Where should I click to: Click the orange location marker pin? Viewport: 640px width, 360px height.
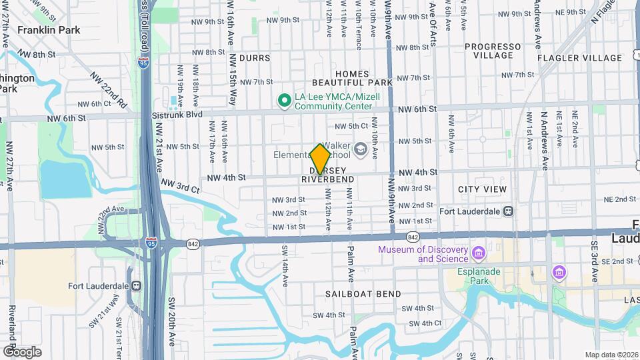click(321, 159)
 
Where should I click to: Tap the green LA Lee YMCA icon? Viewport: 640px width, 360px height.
click(284, 100)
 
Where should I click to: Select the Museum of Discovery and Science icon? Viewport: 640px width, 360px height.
click(477, 253)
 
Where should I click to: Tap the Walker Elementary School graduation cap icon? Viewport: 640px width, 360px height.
click(361, 149)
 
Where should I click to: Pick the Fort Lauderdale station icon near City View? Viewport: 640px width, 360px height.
click(509, 211)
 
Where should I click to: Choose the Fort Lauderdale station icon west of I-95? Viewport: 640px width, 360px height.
click(136, 286)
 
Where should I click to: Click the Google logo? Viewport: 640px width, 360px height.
click(22, 351)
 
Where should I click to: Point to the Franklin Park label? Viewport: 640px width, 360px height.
click(48, 30)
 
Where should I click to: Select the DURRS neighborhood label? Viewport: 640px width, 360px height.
click(255, 58)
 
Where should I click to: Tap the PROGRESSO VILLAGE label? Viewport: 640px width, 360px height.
click(493, 51)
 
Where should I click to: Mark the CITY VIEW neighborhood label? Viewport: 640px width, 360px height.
click(482, 189)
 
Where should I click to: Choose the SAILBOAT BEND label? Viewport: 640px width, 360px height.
click(363, 294)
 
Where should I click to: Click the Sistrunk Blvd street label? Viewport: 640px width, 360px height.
click(176, 115)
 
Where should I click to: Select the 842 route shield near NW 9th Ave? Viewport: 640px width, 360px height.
click(412, 237)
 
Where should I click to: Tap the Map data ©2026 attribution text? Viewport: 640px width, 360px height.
click(611, 355)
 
